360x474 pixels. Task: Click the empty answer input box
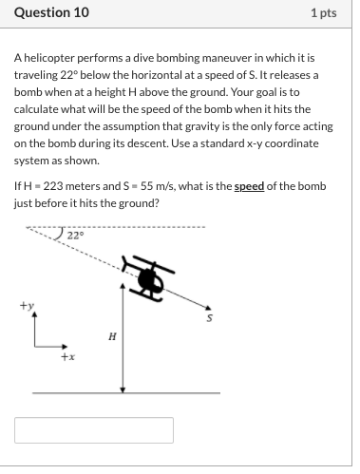[x=94, y=429]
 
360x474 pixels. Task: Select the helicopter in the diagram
[x=149, y=277]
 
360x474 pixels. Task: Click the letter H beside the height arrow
[x=113, y=335]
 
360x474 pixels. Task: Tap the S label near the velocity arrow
[x=212, y=317]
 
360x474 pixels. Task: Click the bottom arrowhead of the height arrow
[x=123, y=388]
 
